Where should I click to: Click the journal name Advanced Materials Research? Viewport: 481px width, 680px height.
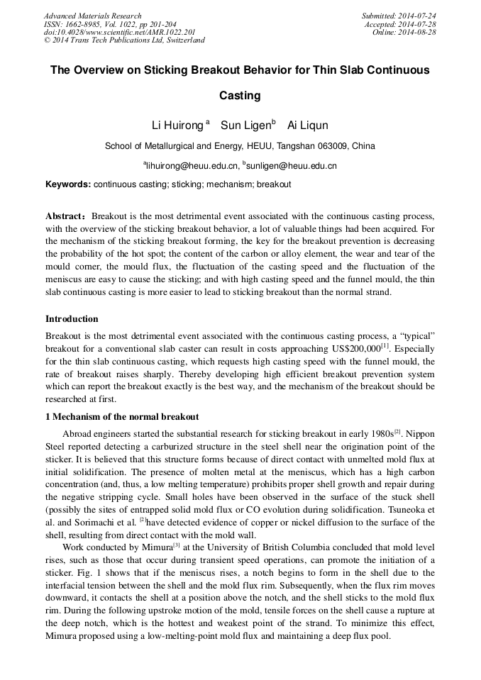coord(92,16)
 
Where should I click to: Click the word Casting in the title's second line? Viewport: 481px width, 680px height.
coord(240,95)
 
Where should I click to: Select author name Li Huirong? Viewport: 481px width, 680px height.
coord(177,126)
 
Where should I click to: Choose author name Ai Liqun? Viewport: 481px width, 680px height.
coord(307,126)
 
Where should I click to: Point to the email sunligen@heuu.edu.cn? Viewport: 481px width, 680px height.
coord(291,166)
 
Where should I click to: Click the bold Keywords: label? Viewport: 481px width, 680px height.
coord(68,184)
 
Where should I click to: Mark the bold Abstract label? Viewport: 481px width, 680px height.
coord(67,215)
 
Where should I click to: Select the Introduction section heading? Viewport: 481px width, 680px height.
coord(72,319)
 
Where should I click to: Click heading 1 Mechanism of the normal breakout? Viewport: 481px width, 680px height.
coord(122,416)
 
